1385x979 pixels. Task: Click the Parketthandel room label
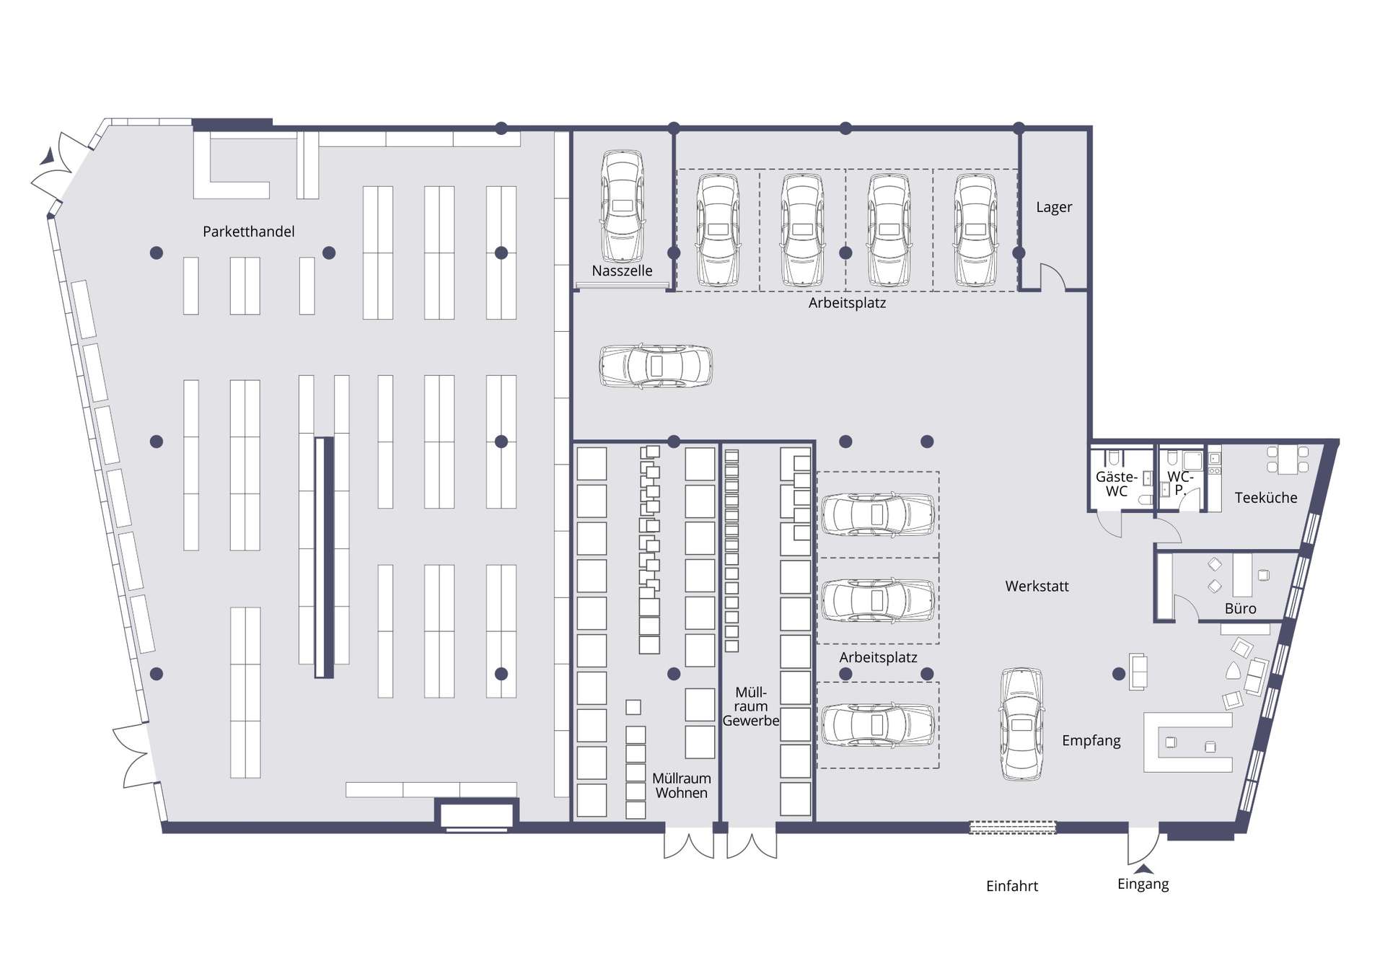(x=248, y=232)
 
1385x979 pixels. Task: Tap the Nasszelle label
(x=622, y=271)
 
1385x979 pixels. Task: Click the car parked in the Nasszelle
(x=623, y=206)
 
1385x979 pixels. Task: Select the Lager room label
(x=1054, y=207)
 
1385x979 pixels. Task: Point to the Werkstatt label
(x=1037, y=587)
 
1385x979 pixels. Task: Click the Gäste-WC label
(x=1117, y=484)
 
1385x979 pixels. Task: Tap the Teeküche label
(x=1265, y=498)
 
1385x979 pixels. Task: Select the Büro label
(x=1240, y=609)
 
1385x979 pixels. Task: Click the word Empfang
(x=1091, y=741)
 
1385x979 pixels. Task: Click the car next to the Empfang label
(x=1021, y=724)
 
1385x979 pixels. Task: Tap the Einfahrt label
(x=1012, y=886)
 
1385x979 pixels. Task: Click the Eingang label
(x=1143, y=884)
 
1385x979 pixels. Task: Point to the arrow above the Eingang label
(x=1143, y=869)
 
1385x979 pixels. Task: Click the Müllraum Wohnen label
(x=681, y=786)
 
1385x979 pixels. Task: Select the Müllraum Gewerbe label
(x=751, y=706)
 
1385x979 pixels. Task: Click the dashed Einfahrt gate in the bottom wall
(x=1012, y=827)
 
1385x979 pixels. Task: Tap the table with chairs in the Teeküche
(x=1288, y=460)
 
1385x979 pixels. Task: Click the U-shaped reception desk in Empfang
(x=1187, y=743)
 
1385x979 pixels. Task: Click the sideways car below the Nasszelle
(x=656, y=366)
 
